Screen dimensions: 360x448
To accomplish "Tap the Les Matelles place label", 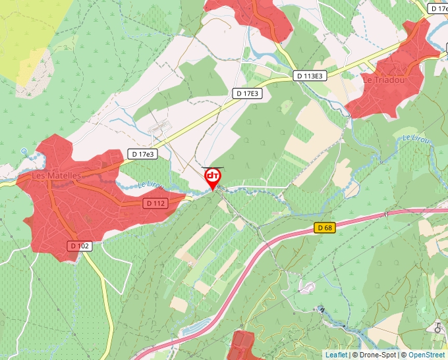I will (57, 176).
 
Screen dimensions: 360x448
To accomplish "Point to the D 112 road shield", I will (155, 203).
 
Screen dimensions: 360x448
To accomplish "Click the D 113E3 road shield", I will (310, 76).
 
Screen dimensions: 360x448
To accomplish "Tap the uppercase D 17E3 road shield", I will (248, 93).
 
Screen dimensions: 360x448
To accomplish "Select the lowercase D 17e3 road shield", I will (142, 154).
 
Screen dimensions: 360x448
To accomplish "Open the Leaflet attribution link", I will (336, 355).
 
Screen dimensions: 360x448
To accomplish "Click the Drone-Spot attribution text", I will (375, 355).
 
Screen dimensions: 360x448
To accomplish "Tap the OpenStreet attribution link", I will (428, 355).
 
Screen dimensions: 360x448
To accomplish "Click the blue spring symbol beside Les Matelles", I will (24, 152).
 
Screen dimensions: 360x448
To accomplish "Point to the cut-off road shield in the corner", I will (438, 9).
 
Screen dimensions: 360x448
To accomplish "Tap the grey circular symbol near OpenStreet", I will (437, 327).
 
